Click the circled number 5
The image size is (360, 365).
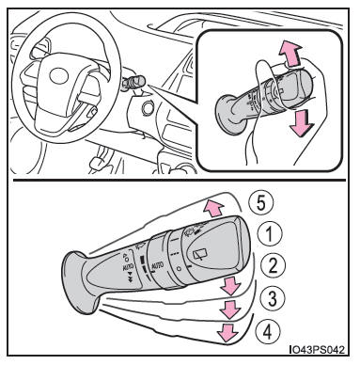[x=261, y=203]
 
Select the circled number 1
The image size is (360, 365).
[x=270, y=234]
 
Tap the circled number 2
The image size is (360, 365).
[x=274, y=266]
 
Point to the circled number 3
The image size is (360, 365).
[x=273, y=298]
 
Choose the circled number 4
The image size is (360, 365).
[x=267, y=331]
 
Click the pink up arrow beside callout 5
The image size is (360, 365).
[x=212, y=208]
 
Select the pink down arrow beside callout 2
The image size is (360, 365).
[x=230, y=286]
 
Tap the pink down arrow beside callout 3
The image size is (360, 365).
[x=230, y=309]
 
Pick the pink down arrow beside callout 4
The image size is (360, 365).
[x=227, y=332]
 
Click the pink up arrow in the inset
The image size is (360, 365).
[x=290, y=54]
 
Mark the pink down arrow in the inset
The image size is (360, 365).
[x=301, y=123]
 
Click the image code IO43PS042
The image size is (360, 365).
[x=317, y=349]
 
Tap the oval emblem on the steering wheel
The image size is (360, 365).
[x=58, y=75]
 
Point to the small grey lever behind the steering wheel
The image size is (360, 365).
[x=133, y=84]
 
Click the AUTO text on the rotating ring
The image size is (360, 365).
[x=158, y=266]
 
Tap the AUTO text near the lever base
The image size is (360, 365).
[x=128, y=267]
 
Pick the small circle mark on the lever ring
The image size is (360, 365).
[x=179, y=268]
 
